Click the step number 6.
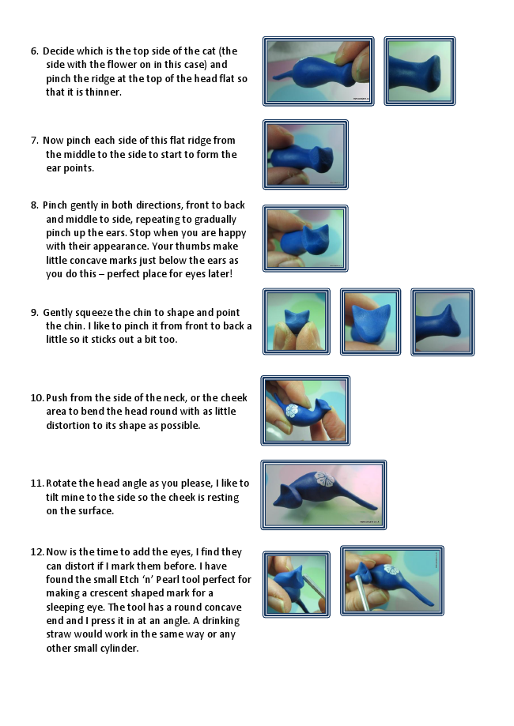pyautogui.click(x=34, y=51)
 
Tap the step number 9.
pyautogui.click(x=34, y=313)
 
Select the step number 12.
pyautogui.click(x=37, y=552)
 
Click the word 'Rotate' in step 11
pyautogui.click(x=61, y=483)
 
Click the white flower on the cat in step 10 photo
pyautogui.click(x=292, y=411)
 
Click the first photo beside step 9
pyautogui.click(x=297, y=322)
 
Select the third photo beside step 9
pyautogui.click(x=443, y=322)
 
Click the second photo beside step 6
pyautogui.click(x=420, y=71)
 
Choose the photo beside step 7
pyautogui.click(x=305, y=155)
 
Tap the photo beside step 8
pyautogui.click(x=305, y=239)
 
